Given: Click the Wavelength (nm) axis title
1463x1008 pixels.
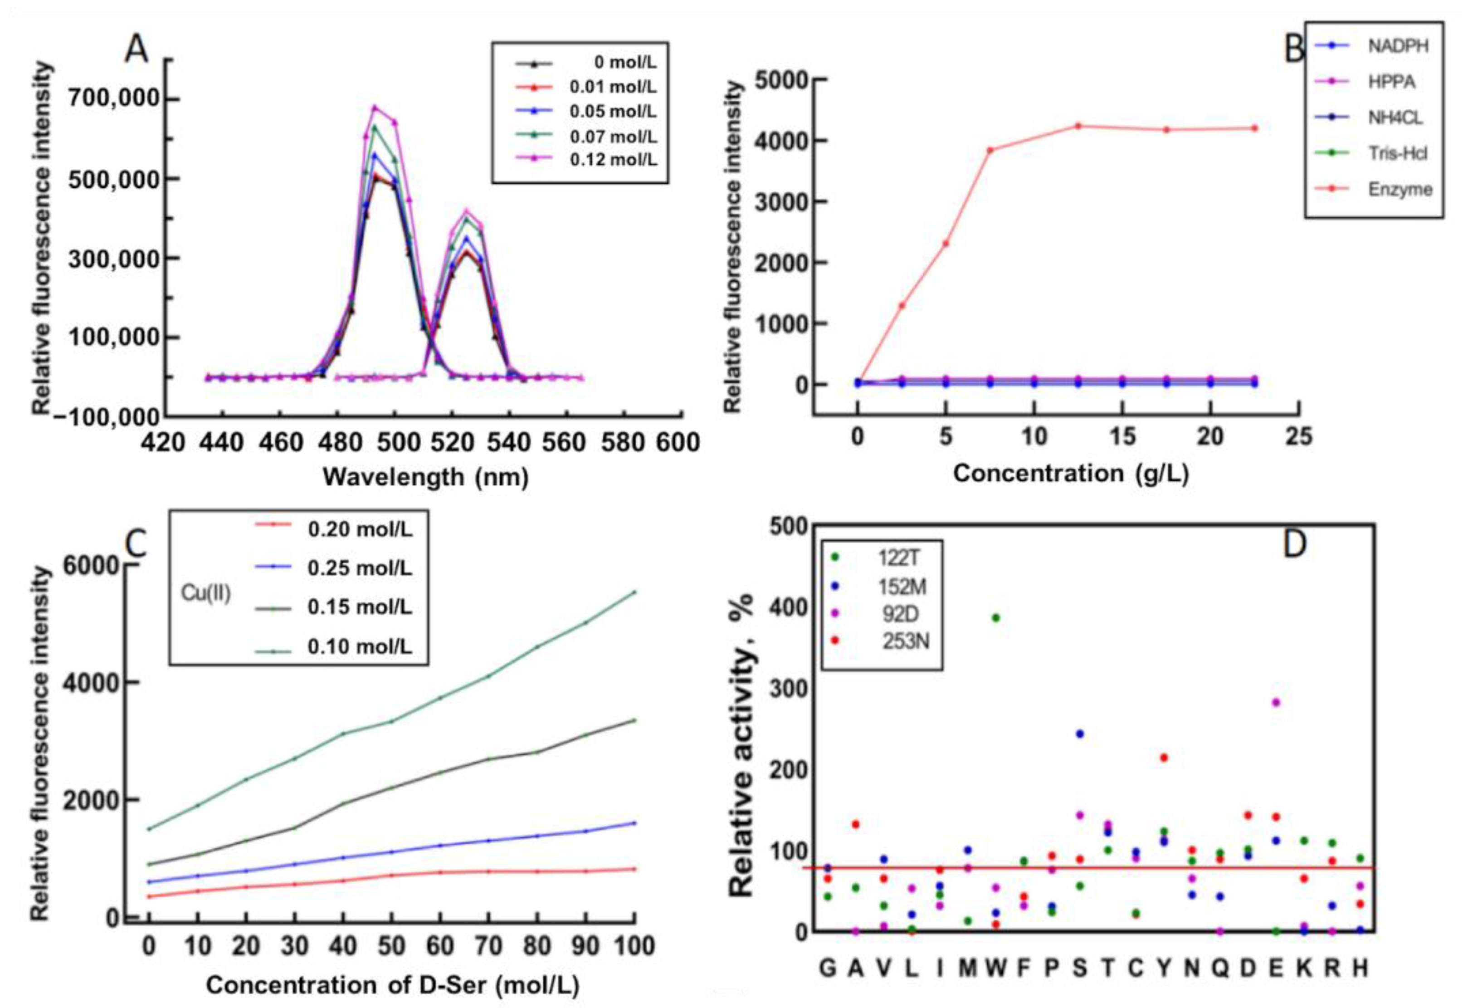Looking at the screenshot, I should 425,477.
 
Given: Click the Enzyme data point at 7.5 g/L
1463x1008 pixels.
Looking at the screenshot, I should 990,150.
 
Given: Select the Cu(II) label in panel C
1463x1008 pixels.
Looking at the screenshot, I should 206,593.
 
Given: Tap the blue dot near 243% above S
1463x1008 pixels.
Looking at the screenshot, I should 1080,733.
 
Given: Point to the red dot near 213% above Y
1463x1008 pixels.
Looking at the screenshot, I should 1164,757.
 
